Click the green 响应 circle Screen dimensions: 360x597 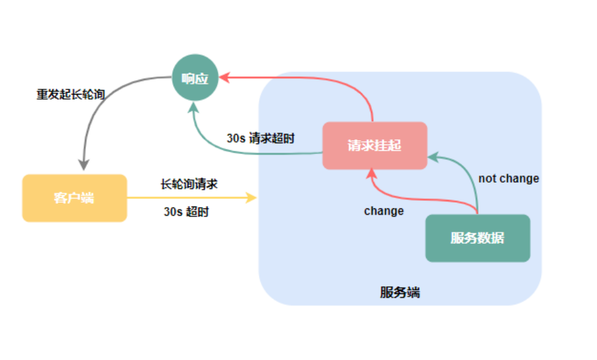click(x=195, y=78)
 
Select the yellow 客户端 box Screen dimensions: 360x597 click(x=74, y=198)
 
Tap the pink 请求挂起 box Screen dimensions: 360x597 click(x=375, y=146)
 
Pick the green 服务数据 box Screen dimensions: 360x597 click(x=477, y=238)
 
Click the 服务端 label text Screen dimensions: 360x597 click(x=400, y=293)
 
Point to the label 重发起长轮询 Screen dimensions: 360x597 click(x=70, y=95)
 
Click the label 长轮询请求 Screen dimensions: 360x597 click(x=189, y=184)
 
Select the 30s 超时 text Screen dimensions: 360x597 click(x=186, y=212)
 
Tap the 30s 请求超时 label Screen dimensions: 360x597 click(x=260, y=138)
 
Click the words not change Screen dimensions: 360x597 click(x=508, y=178)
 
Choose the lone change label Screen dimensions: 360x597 click(x=383, y=211)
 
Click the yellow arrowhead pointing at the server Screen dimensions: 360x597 click(x=252, y=197)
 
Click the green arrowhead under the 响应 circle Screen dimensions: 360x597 click(x=194, y=107)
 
